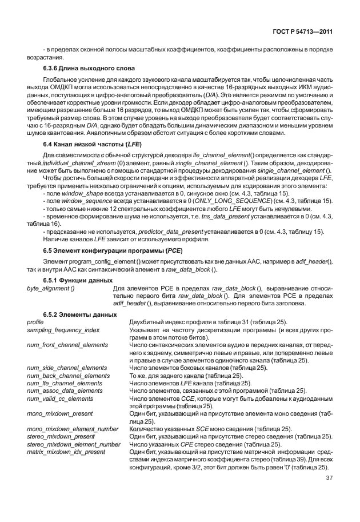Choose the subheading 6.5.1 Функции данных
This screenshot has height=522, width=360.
[x=77, y=280]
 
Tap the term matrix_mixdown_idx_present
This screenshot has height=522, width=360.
[x=66, y=452]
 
